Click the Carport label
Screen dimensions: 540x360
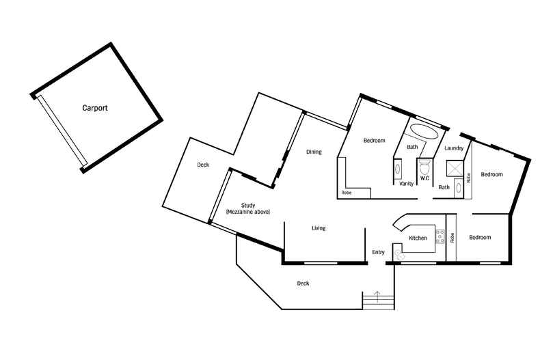coord(95,108)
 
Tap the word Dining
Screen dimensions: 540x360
coord(314,152)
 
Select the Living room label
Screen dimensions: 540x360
coord(319,228)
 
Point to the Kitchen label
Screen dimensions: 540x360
coord(418,238)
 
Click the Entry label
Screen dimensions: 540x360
coord(378,252)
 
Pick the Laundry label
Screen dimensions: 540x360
coord(454,148)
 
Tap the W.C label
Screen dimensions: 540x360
coord(424,178)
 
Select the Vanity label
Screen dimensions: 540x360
coord(407,184)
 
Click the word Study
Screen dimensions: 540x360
coord(248,206)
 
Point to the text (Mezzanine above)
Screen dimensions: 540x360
coord(248,212)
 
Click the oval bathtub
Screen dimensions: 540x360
coord(424,131)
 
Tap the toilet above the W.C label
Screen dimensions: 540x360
coord(424,167)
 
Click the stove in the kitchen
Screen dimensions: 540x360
coord(440,237)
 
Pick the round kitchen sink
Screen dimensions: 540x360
coord(399,254)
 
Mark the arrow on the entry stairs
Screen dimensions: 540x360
coord(377,296)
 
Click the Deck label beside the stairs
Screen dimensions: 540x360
coord(303,283)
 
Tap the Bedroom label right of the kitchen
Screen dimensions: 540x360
coord(480,238)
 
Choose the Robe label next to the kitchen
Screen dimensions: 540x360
coord(452,238)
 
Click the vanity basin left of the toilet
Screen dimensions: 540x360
coord(397,169)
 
